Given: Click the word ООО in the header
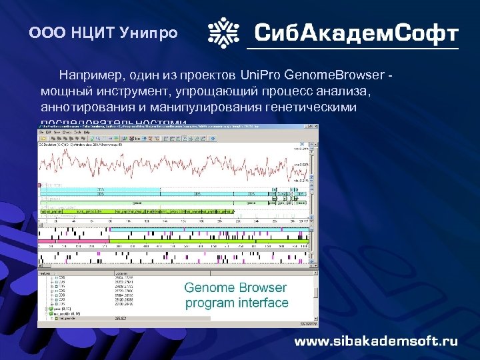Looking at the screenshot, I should pos(45,33).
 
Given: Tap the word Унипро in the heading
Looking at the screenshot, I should pos(138,33).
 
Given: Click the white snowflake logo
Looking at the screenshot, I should pos(224,33).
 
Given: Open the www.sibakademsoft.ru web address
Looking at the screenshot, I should pos(377,341).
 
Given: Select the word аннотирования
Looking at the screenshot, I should pos(83,107).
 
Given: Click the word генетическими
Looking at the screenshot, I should pos(312,107).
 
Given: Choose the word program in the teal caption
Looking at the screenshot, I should pos(209,303).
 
